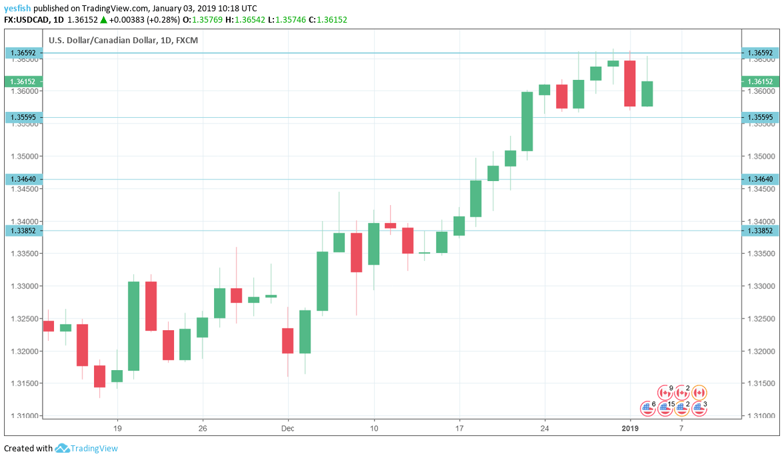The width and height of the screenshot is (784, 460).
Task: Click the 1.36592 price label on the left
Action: click(x=24, y=53)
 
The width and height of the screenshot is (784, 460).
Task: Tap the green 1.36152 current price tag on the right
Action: click(x=760, y=81)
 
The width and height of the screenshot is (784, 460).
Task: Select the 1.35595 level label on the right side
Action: click(x=760, y=117)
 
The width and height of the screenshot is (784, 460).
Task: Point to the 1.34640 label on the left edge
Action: click(x=24, y=179)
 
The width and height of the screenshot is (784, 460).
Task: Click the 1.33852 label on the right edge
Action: click(x=760, y=230)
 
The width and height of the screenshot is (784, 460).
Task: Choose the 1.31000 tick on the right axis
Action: click(x=760, y=415)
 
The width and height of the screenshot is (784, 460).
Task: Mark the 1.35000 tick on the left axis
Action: click(x=24, y=156)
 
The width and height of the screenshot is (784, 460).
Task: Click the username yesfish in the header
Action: click(x=17, y=8)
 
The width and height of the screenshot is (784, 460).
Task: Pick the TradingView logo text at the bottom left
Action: click(x=94, y=448)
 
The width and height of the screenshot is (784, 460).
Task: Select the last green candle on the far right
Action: click(x=647, y=93)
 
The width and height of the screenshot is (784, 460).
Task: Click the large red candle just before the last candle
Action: click(x=629, y=83)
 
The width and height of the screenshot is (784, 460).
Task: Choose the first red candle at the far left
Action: click(x=48, y=326)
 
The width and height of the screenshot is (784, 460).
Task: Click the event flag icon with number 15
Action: click(x=664, y=408)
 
